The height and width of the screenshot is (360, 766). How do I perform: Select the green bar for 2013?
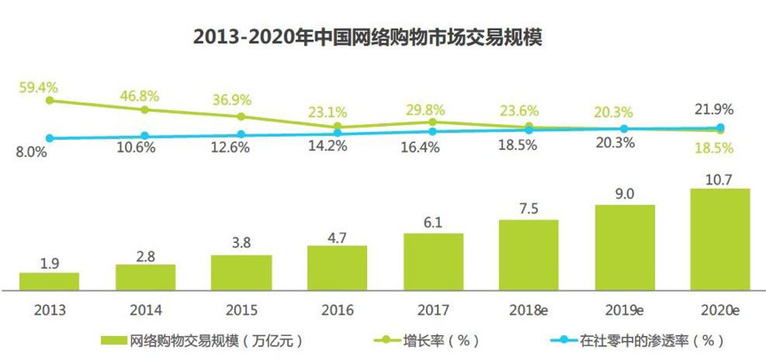(49, 281)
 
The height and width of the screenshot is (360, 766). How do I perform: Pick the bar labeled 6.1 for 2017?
(433, 262)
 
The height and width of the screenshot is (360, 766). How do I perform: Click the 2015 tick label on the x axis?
(241, 309)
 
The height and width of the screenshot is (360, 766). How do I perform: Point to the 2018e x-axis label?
(528, 309)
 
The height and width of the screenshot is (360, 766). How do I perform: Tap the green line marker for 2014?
(145, 109)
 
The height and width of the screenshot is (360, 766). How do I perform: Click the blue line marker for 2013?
(50, 138)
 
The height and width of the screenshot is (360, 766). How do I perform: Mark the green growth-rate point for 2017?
(433, 121)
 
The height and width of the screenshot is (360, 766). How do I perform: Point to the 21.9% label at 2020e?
(719, 109)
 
